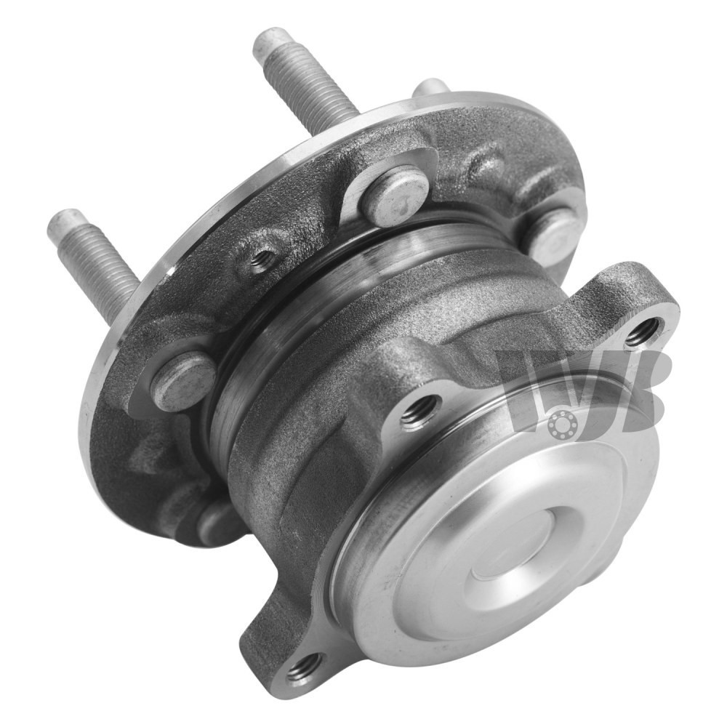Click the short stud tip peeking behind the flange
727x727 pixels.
tap(432, 88)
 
